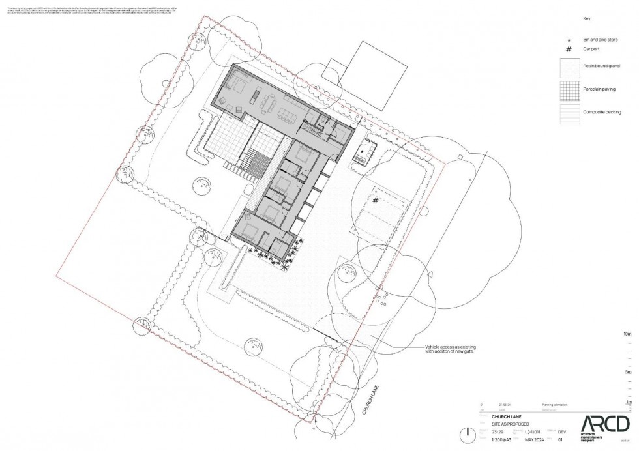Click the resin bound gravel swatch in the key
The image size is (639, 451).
point(569,68)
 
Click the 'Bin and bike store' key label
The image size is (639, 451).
point(599,40)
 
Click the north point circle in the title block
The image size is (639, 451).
point(466,434)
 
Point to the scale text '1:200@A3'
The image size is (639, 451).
point(502,439)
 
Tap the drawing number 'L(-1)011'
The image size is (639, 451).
point(533,431)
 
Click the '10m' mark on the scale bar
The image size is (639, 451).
point(628,334)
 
